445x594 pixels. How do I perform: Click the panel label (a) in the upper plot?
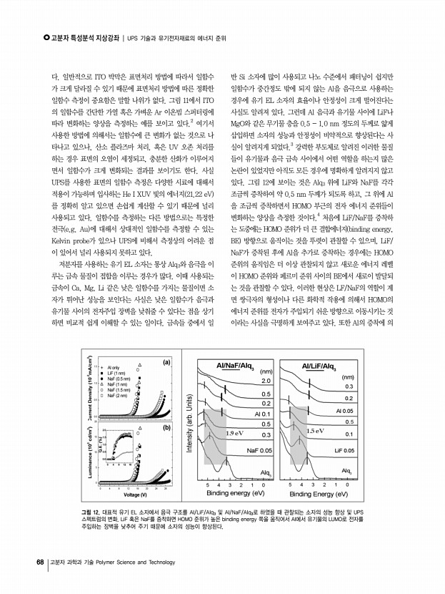pos(166,362)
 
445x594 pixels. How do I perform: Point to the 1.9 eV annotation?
pos(235,433)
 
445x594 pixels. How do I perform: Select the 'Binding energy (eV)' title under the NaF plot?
pos(236,494)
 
